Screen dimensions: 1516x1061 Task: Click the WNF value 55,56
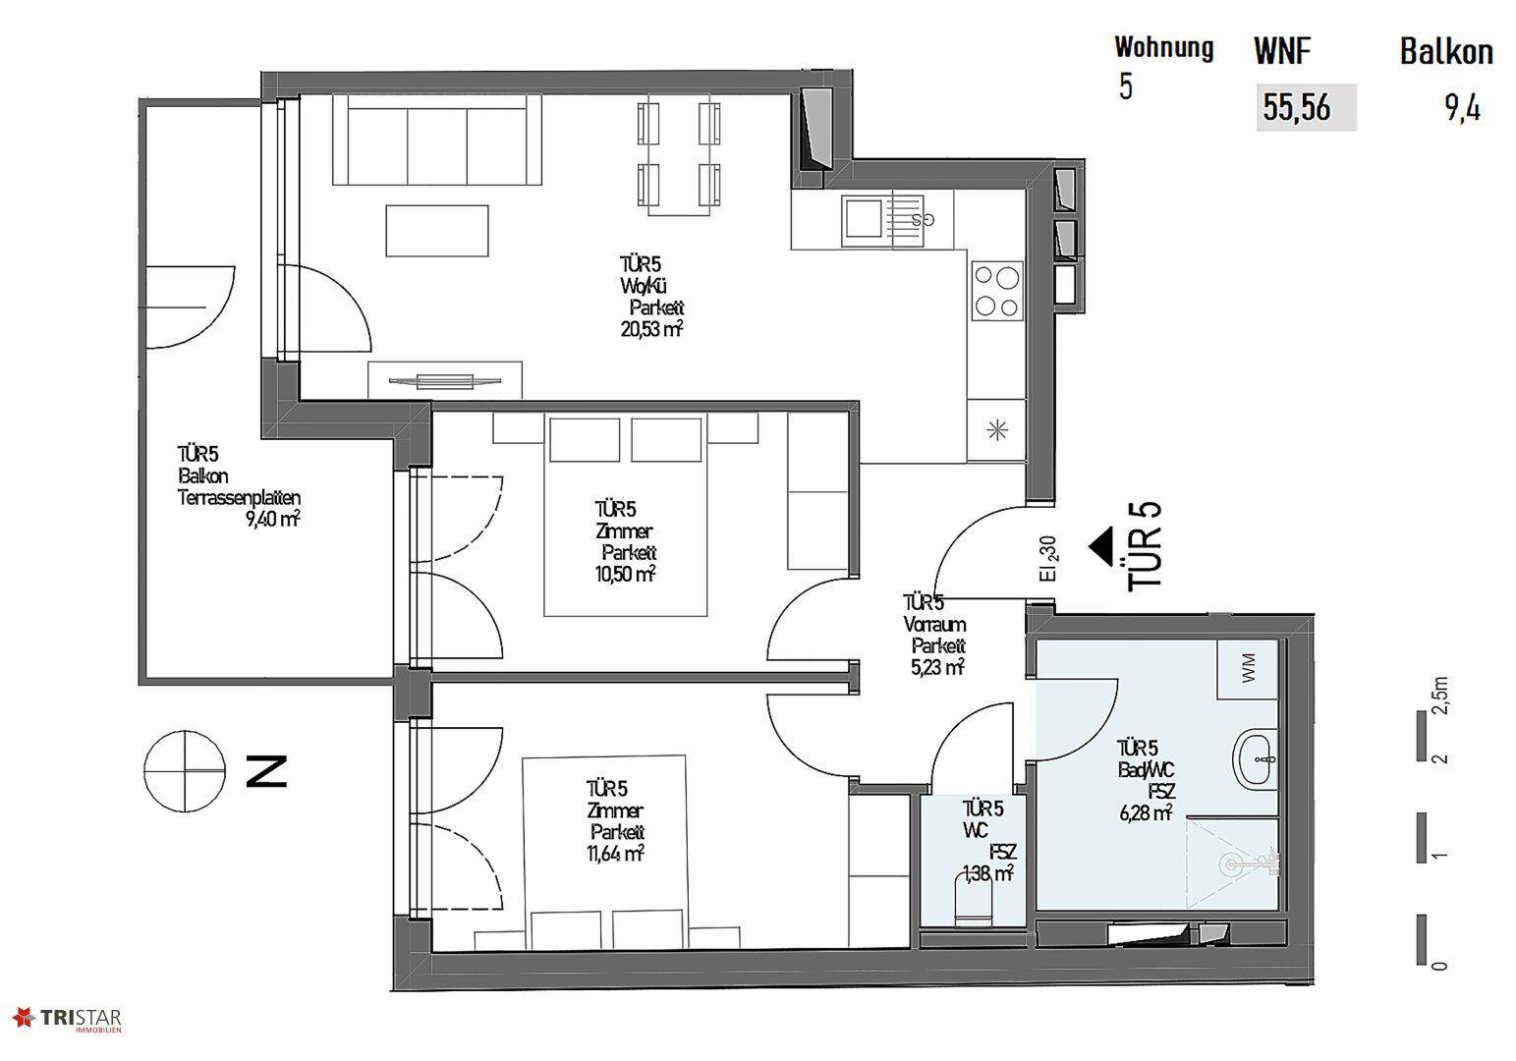(1296, 108)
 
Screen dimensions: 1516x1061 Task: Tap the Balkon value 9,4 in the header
(1463, 109)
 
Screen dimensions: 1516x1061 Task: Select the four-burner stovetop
(997, 291)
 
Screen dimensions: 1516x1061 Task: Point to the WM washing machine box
(1248, 669)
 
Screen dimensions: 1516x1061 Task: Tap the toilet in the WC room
(974, 901)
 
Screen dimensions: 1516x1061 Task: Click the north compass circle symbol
(184, 772)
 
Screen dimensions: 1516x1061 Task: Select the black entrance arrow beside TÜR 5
(1100, 547)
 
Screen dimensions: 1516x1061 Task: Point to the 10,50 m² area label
(625, 575)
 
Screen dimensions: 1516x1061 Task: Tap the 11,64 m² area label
(615, 854)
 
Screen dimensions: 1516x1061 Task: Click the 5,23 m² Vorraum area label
(937, 667)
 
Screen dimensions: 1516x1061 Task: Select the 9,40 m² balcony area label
(273, 519)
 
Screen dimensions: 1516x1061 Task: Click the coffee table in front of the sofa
(437, 231)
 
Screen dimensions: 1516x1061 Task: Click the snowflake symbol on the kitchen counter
(997, 429)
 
